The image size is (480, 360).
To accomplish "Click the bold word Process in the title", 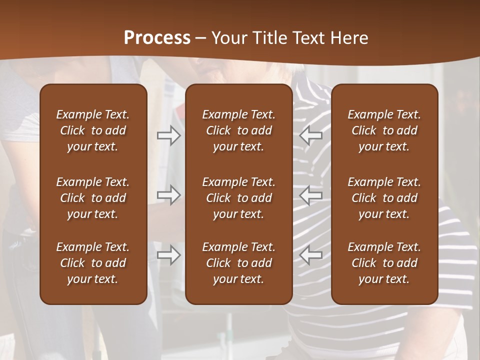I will (x=157, y=38).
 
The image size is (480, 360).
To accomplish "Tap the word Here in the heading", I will (x=349, y=38).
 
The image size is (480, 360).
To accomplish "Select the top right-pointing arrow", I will (x=168, y=135).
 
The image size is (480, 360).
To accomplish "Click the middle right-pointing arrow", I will (x=168, y=195).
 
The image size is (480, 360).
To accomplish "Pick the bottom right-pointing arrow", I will (x=168, y=255).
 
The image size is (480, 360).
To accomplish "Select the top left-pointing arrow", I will (x=311, y=135).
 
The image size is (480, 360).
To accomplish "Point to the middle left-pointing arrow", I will (x=311, y=195).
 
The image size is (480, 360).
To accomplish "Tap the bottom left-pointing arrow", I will (x=311, y=255).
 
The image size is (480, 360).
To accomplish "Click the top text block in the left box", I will (x=93, y=130).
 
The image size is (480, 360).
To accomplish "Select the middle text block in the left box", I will (x=93, y=198).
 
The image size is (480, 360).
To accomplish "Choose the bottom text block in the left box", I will (x=93, y=263).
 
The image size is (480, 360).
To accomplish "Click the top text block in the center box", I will (x=238, y=130).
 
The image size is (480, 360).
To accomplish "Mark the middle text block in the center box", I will (x=238, y=198).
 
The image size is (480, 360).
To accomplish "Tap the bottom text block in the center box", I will (x=238, y=263).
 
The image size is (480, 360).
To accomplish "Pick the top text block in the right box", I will (x=384, y=130).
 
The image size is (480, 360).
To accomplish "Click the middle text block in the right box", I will (x=384, y=198).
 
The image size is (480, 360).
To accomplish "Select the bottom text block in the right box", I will (x=384, y=263).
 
